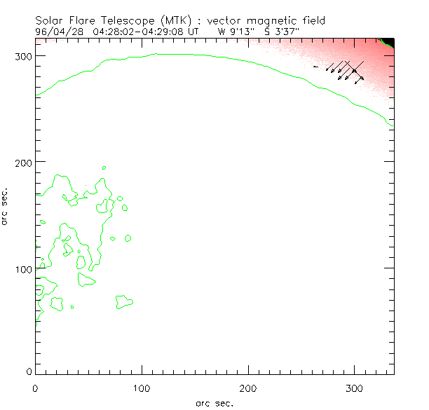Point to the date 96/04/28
(x=55, y=31)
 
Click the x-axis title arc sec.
(x=214, y=402)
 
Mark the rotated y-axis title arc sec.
(x=5, y=206)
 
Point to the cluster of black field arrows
(x=345, y=71)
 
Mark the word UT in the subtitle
(x=196, y=31)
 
